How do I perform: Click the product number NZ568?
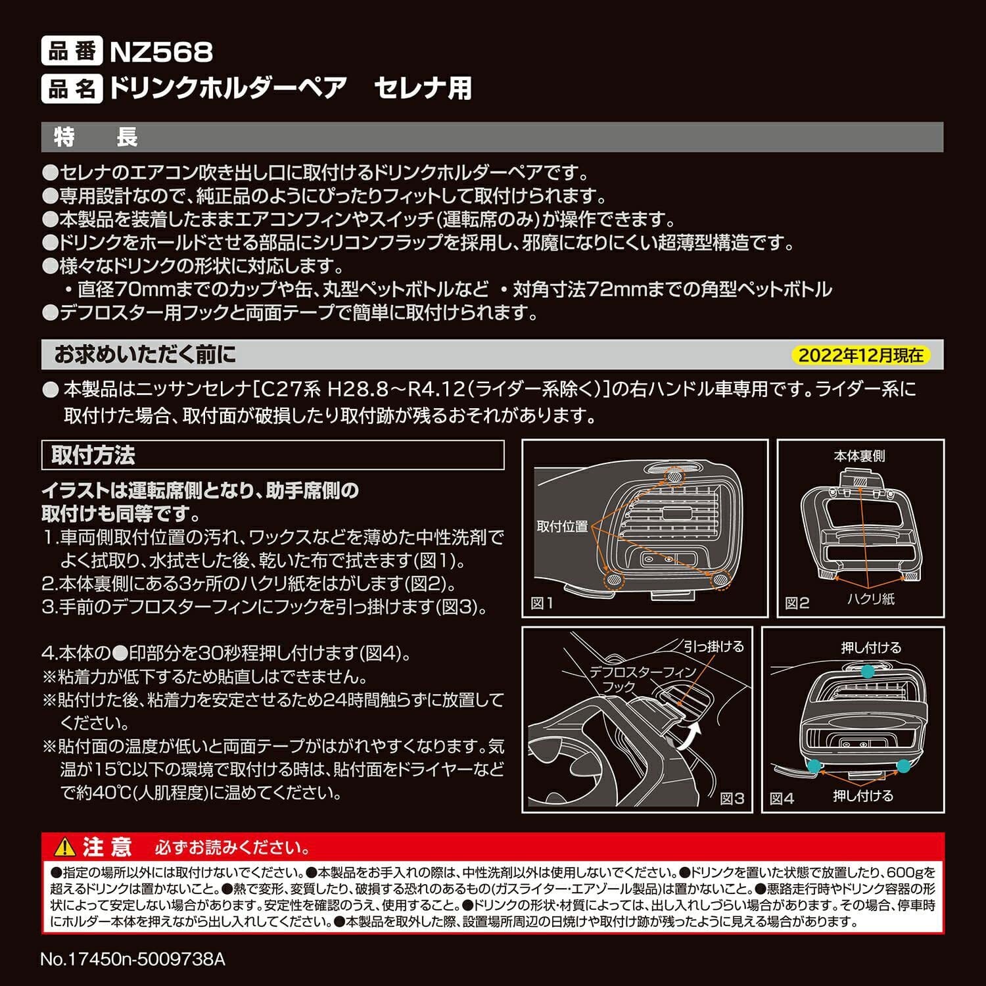[x=161, y=52]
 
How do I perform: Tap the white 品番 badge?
[x=72, y=51]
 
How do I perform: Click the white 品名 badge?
[x=72, y=88]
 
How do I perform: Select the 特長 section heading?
[x=96, y=137]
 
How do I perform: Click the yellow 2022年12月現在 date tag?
[x=860, y=356]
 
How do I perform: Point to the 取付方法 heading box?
[x=272, y=456]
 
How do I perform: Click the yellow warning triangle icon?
[x=65, y=847]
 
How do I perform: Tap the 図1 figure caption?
[x=542, y=603]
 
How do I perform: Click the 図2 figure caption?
[x=797, y=603]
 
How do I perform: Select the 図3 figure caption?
[x=732, y=798]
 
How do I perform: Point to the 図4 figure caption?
[x=782, y=799]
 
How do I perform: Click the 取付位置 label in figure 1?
[x=562, y=527]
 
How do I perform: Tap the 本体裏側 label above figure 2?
[x=859, y=456]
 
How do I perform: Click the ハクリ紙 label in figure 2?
[x=871, y=599]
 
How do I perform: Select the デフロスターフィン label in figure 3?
[x=643, y=672]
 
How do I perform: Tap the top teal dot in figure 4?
[x=868, y=671]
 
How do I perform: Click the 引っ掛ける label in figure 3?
[x=714, y=646]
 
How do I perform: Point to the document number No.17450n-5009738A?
[x=133, y=959]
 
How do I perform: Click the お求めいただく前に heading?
[x=145, y=355]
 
